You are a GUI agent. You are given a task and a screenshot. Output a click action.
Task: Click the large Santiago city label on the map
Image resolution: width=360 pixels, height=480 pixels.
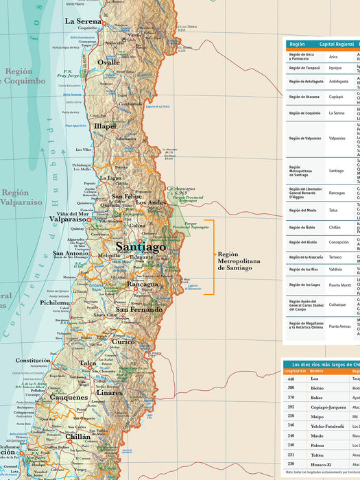(x=141, y=246)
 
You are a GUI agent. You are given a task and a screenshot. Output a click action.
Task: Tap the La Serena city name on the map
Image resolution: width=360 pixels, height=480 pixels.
(x=83, y=21)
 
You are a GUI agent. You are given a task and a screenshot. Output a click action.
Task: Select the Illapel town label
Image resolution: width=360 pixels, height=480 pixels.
(x=105, y=126)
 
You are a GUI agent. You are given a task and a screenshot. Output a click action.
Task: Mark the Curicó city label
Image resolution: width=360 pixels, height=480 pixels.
(x=123, y=341)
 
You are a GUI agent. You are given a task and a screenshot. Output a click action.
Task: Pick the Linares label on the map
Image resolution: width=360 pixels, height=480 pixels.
(x=110, y=393)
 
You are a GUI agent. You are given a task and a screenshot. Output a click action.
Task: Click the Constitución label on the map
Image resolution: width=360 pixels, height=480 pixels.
(x=33, y=360)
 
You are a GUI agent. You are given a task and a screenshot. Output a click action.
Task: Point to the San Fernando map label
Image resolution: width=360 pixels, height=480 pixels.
(x=139, y=309)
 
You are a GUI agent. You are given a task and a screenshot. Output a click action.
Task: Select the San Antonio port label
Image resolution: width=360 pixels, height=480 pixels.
(x=71, y=254)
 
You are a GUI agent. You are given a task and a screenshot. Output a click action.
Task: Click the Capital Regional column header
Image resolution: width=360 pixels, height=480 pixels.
(x=332, y=44)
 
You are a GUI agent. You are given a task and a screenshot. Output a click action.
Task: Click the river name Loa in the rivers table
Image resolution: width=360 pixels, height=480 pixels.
(x=314, y=378)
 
